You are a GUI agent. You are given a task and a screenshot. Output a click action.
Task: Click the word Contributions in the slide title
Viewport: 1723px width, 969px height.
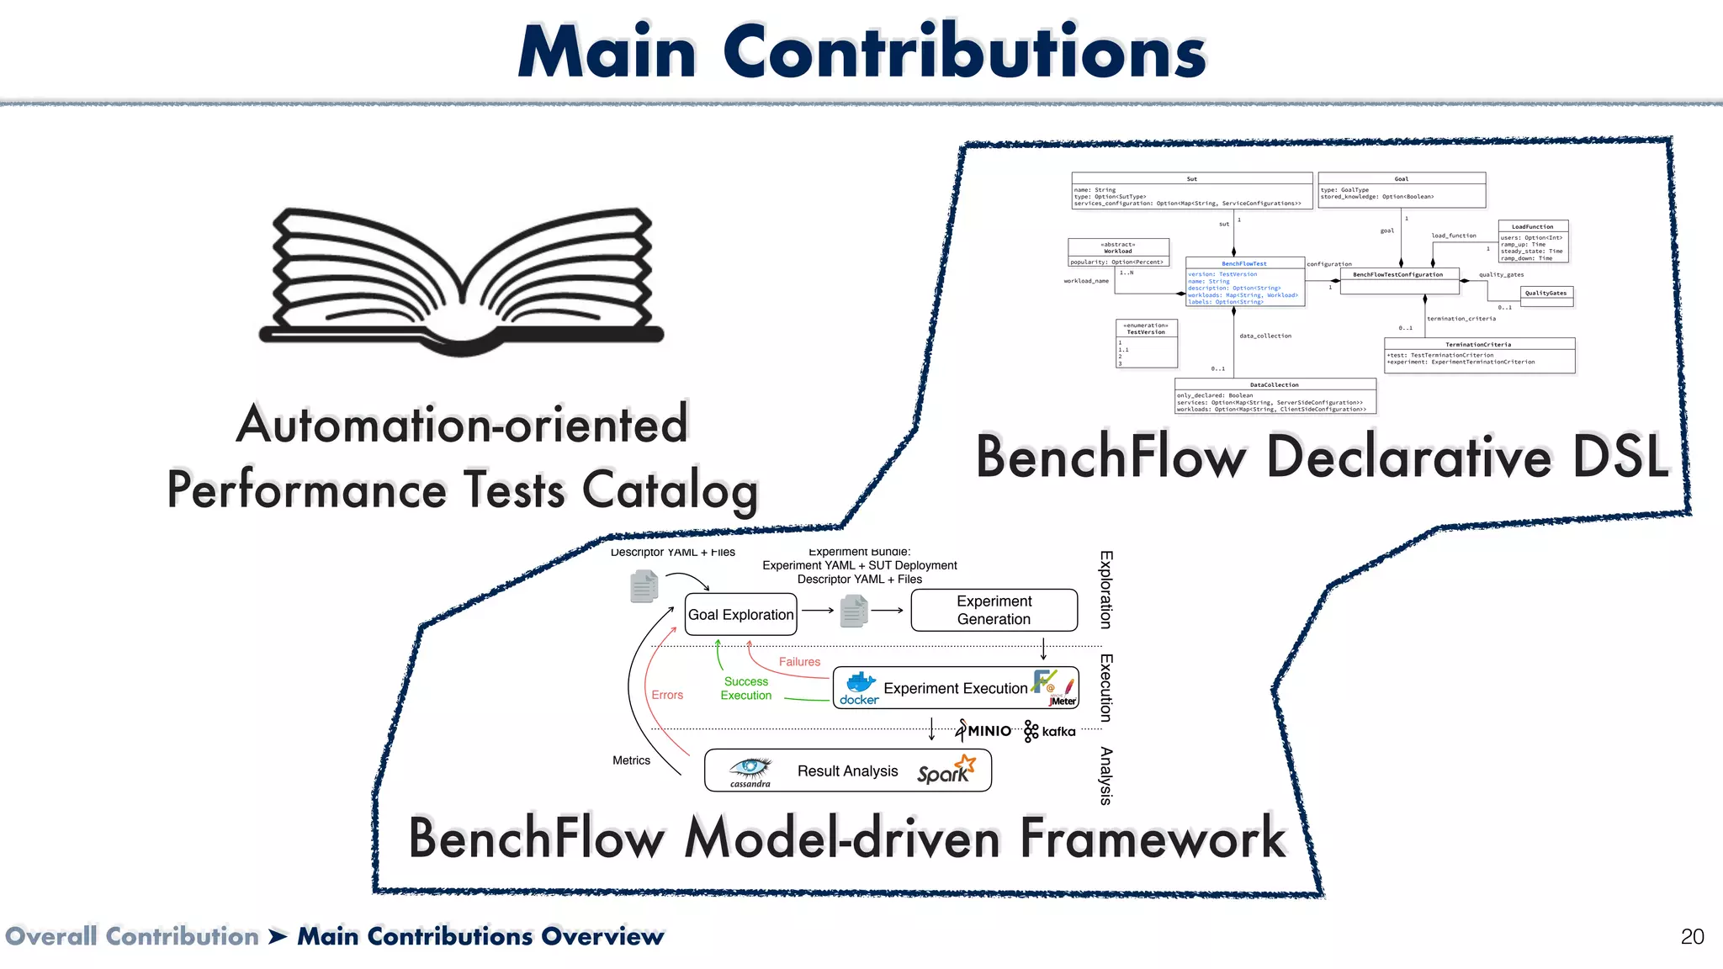[964, 52]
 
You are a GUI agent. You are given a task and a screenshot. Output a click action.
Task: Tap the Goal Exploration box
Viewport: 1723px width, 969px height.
[740, 615]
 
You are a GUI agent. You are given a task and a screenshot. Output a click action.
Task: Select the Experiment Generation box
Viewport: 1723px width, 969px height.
[994, 610]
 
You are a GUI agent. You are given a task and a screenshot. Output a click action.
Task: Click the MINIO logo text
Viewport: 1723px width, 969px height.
[989, 731]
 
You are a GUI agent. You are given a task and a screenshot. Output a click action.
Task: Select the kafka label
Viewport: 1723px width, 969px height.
[1058, 732]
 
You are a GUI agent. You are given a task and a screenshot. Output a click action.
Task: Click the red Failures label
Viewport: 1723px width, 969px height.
[799, 662]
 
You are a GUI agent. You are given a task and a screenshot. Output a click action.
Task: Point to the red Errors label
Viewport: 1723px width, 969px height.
[667, 695]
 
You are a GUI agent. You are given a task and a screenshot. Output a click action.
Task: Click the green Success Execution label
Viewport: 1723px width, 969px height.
[745, 688]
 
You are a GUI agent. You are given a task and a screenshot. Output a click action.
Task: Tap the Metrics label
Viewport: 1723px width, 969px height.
[631, 760]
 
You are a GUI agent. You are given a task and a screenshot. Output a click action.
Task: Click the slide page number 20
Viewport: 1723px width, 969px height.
[1692, 937]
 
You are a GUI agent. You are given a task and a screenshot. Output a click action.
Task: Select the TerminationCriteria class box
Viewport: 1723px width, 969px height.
[1479, 355]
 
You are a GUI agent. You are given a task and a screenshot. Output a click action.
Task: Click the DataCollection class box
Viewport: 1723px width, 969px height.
[1275, 396]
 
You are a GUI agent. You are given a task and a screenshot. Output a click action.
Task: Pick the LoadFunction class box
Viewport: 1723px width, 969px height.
[1533, 241]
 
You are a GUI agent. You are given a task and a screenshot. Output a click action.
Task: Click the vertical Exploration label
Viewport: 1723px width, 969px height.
[1106, 590]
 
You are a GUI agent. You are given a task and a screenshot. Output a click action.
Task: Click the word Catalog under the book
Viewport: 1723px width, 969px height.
[671, 490]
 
